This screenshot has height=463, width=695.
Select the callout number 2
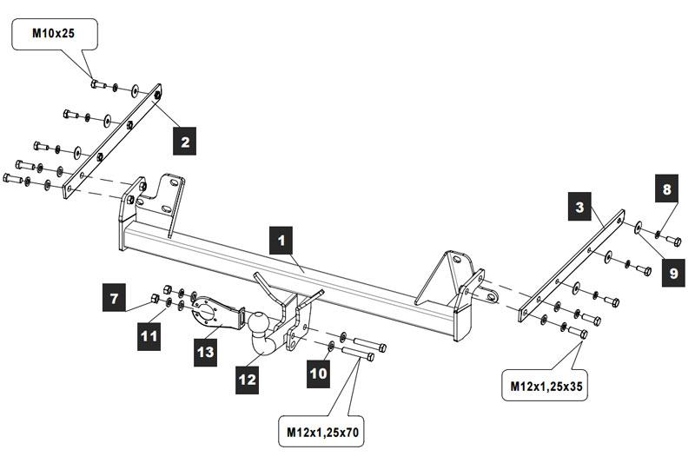(x=182, y=141)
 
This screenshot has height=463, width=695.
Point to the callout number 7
(x=114, y=298)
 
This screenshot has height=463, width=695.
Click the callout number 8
(x=666, y=189)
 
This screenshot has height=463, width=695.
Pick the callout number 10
(x=318, y=374)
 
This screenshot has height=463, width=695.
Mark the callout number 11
(x=149, y=334)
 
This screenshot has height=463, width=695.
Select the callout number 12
(x=248, y=378)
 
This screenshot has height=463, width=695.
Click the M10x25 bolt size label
(x=55, y=35)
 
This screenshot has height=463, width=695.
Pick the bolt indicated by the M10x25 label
(x=97, y=84)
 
